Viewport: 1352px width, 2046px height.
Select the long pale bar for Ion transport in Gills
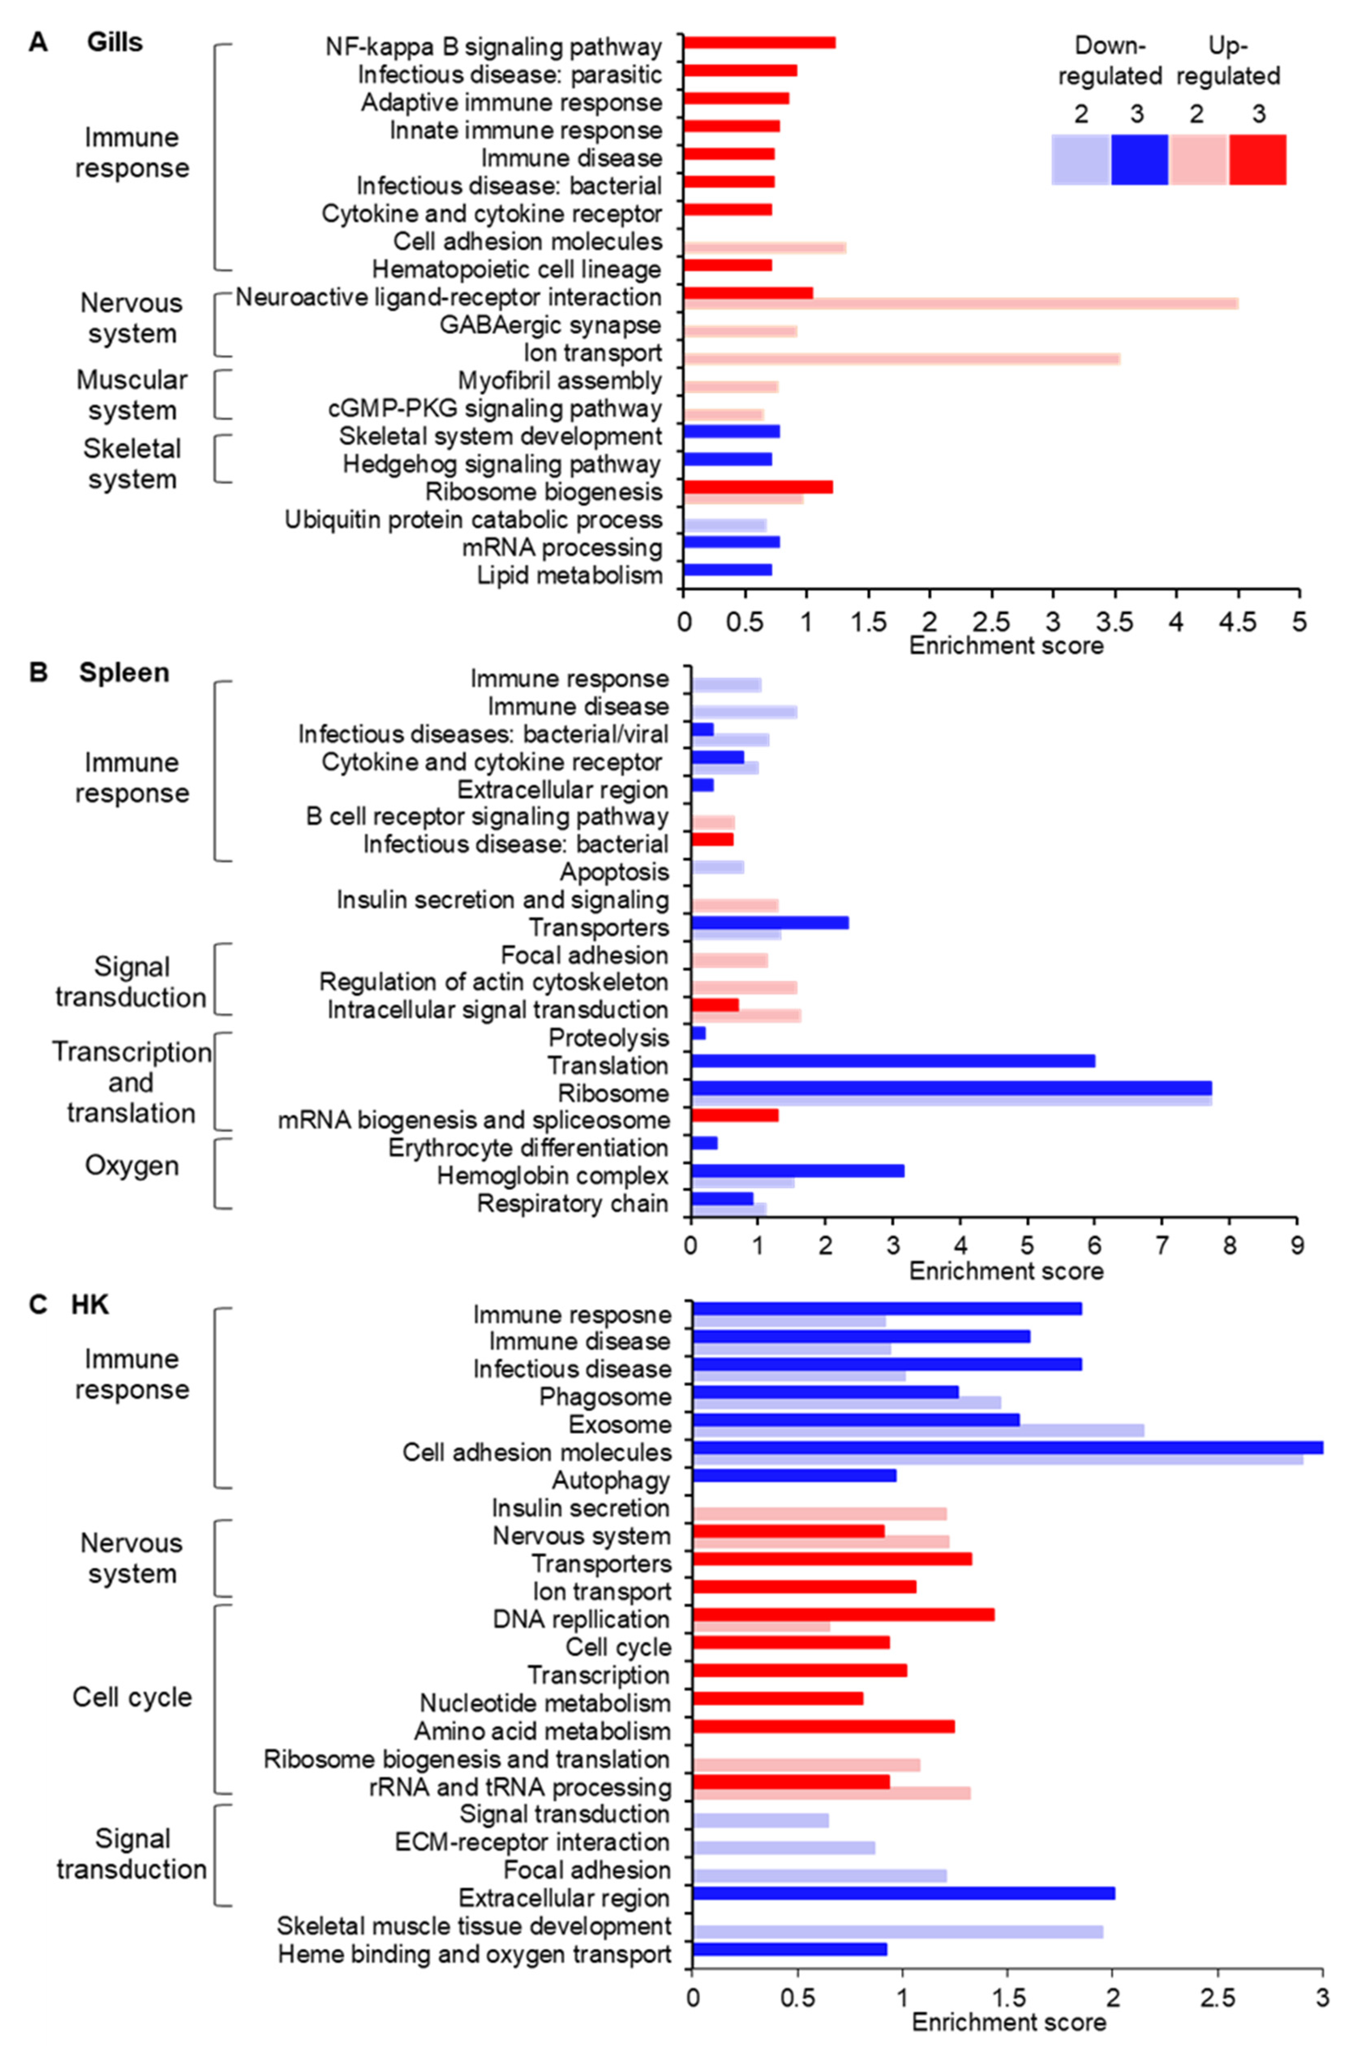click(901, 359)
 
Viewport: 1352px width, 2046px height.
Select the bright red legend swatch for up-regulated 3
click(1257, 159)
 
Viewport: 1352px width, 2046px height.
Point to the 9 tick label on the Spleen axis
click(1297, 1247)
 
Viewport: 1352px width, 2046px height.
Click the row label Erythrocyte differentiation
click(528, 1148)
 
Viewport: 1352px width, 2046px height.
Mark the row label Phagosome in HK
click(604, 1397)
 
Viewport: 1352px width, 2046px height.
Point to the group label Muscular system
click(132, 395)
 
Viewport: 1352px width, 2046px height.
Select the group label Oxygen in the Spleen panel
click(132, 1165)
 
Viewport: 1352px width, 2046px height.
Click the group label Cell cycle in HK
click(132, 1697)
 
